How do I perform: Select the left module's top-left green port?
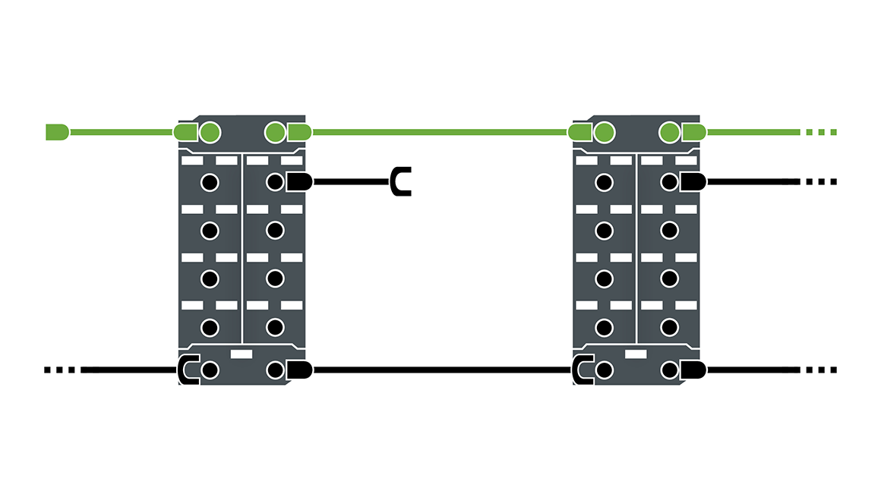pyautogui.click(x=210, y=133)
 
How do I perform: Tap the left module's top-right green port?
pyautogui.click(x=275, y=133)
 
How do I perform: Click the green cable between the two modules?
pyautogui.click(x=440, y=132)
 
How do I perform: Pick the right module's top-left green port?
pyautogui.click(x=604, y=133)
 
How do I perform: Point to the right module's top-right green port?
pyautogui.click(x=669, y=133)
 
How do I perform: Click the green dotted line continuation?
pyautogui.click(x=820, y=132)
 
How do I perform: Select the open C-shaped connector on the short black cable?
pyautogui.click(x=400, y=182)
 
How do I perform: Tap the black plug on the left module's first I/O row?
pyautogui.click(x=299, y=182)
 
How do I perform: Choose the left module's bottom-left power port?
pyautogui.click(x=210, y=370)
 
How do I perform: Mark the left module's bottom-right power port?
pyautogui.click(x=275, y=370)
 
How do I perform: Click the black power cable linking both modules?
pyautogui.click(x=440, y=370)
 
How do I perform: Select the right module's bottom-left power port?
pyautogui.click(x=604, y=370)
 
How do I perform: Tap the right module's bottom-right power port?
pyautogui.click(x=669, y=370)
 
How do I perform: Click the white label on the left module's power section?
pyautogui.click(x=242, y=354)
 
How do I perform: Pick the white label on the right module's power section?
pyautogui.click(x=636, y=354)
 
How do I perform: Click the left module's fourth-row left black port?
pyautogui.click(x=210, y=327)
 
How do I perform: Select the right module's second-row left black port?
pyautogui.click(x=604, y=230)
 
